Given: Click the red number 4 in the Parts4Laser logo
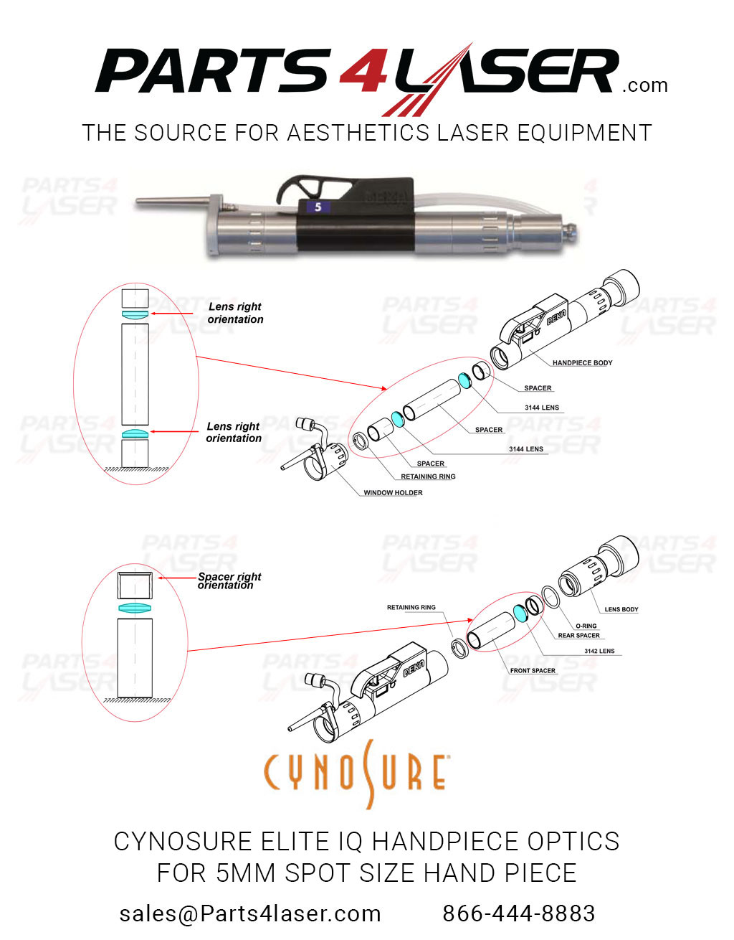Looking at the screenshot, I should pos(364,72).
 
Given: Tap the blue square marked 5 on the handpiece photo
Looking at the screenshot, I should pos(318,207).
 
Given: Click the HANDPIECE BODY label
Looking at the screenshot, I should pos(582,363).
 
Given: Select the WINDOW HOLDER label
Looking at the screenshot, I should pos(393,493).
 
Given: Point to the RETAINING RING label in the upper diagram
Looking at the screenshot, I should pos(428,476).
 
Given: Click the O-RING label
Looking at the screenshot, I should pos(586,626).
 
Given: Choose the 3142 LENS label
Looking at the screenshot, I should pos(599,652).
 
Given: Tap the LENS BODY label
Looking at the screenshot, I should pos(621,609).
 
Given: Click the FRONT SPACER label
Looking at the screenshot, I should pos(533,671).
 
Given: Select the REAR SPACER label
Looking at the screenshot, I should pos(578,636).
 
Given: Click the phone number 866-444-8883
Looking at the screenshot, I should pos(518,913).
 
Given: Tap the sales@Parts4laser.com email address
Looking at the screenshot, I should pos(250,913).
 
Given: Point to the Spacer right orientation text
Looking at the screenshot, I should pos(229,581).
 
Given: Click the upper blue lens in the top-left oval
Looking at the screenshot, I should pos(135,315).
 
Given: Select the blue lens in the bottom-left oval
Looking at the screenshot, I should pos(135,608).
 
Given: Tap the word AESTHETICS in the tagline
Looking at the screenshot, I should pos(358,133).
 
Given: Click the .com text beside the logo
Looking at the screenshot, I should pos(645,86).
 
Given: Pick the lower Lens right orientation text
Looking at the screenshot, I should pos(234,432).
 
